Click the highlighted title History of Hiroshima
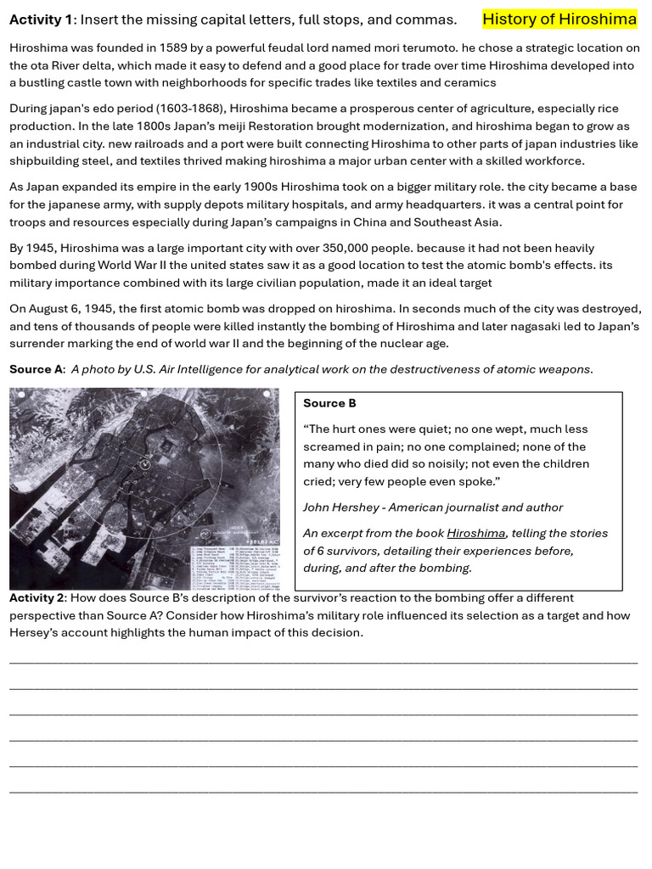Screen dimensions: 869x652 tap(559, 20)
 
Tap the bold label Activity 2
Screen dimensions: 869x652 tap(37, 598)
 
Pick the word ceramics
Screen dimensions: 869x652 tap(469, 83)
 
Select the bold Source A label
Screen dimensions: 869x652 tap(36, 369)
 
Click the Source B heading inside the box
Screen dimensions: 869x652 tap(329, 403)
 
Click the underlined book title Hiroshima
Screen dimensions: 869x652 tap(475, 534)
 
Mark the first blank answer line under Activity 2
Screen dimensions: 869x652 tap(323, 663)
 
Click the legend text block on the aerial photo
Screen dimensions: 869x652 tap(233, 565)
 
